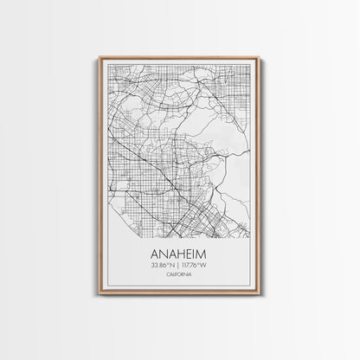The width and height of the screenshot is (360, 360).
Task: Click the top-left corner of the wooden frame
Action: click(x=100, y=58)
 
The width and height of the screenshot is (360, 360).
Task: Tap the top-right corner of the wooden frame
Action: click(x=259, y=58)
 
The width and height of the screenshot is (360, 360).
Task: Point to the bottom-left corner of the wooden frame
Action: click(x=100, y=296)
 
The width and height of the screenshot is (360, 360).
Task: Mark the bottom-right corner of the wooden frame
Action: click(x=259, y=296)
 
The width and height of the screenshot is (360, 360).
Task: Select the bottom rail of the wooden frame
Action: click(x=179, y=296)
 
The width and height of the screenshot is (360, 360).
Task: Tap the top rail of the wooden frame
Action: click(x=179, y=58)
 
